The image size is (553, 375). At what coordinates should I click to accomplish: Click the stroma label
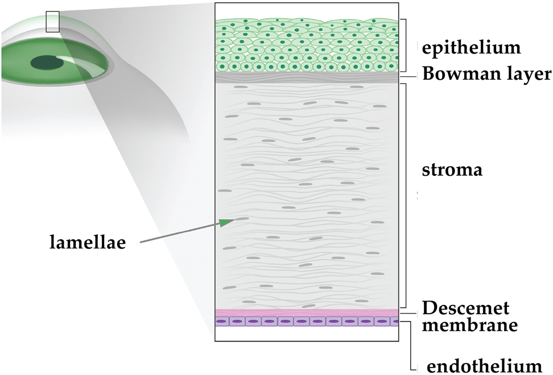point(452,170)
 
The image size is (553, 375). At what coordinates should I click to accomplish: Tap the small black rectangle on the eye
point(52,22)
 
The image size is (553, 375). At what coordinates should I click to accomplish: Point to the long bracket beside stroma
point(405,193)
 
